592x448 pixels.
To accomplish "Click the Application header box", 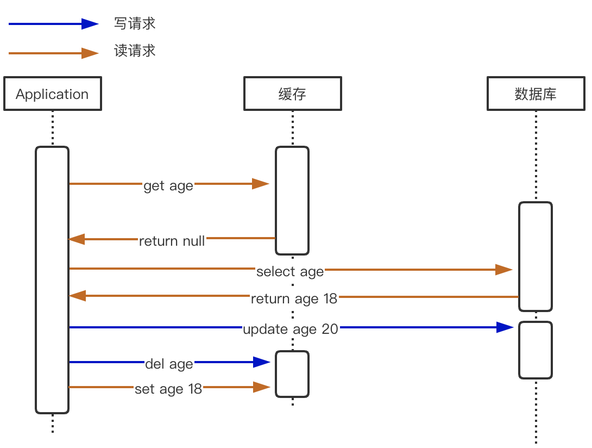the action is (53, 94).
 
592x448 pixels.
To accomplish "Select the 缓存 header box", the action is (293, 94).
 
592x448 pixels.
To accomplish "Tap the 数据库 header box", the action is (536, 94).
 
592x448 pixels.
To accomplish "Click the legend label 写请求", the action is (135, 23).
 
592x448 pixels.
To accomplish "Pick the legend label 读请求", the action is (135, 51).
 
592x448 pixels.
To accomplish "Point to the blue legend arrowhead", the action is (90, 24).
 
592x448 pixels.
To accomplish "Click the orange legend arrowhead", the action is (90, 53).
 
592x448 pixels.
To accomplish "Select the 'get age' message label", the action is (168, 186).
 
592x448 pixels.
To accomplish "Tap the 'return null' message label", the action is (172, 241).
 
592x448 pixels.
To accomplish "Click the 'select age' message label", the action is (290, 272).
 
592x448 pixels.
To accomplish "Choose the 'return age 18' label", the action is (294, 299).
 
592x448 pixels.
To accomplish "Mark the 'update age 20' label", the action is (291, 329).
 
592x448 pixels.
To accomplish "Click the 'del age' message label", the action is (169, 364).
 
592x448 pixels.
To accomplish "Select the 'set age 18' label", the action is (168, 389).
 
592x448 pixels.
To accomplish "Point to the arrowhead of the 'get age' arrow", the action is (261, 184).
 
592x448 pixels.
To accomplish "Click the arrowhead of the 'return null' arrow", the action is (77, 239).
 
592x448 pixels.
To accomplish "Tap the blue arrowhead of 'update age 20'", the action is (505, 327).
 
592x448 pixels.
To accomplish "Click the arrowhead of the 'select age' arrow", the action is (504, 270).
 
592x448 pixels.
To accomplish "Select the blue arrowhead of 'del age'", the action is (262, 362).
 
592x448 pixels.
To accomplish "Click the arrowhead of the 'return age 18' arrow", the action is (78, 296).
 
